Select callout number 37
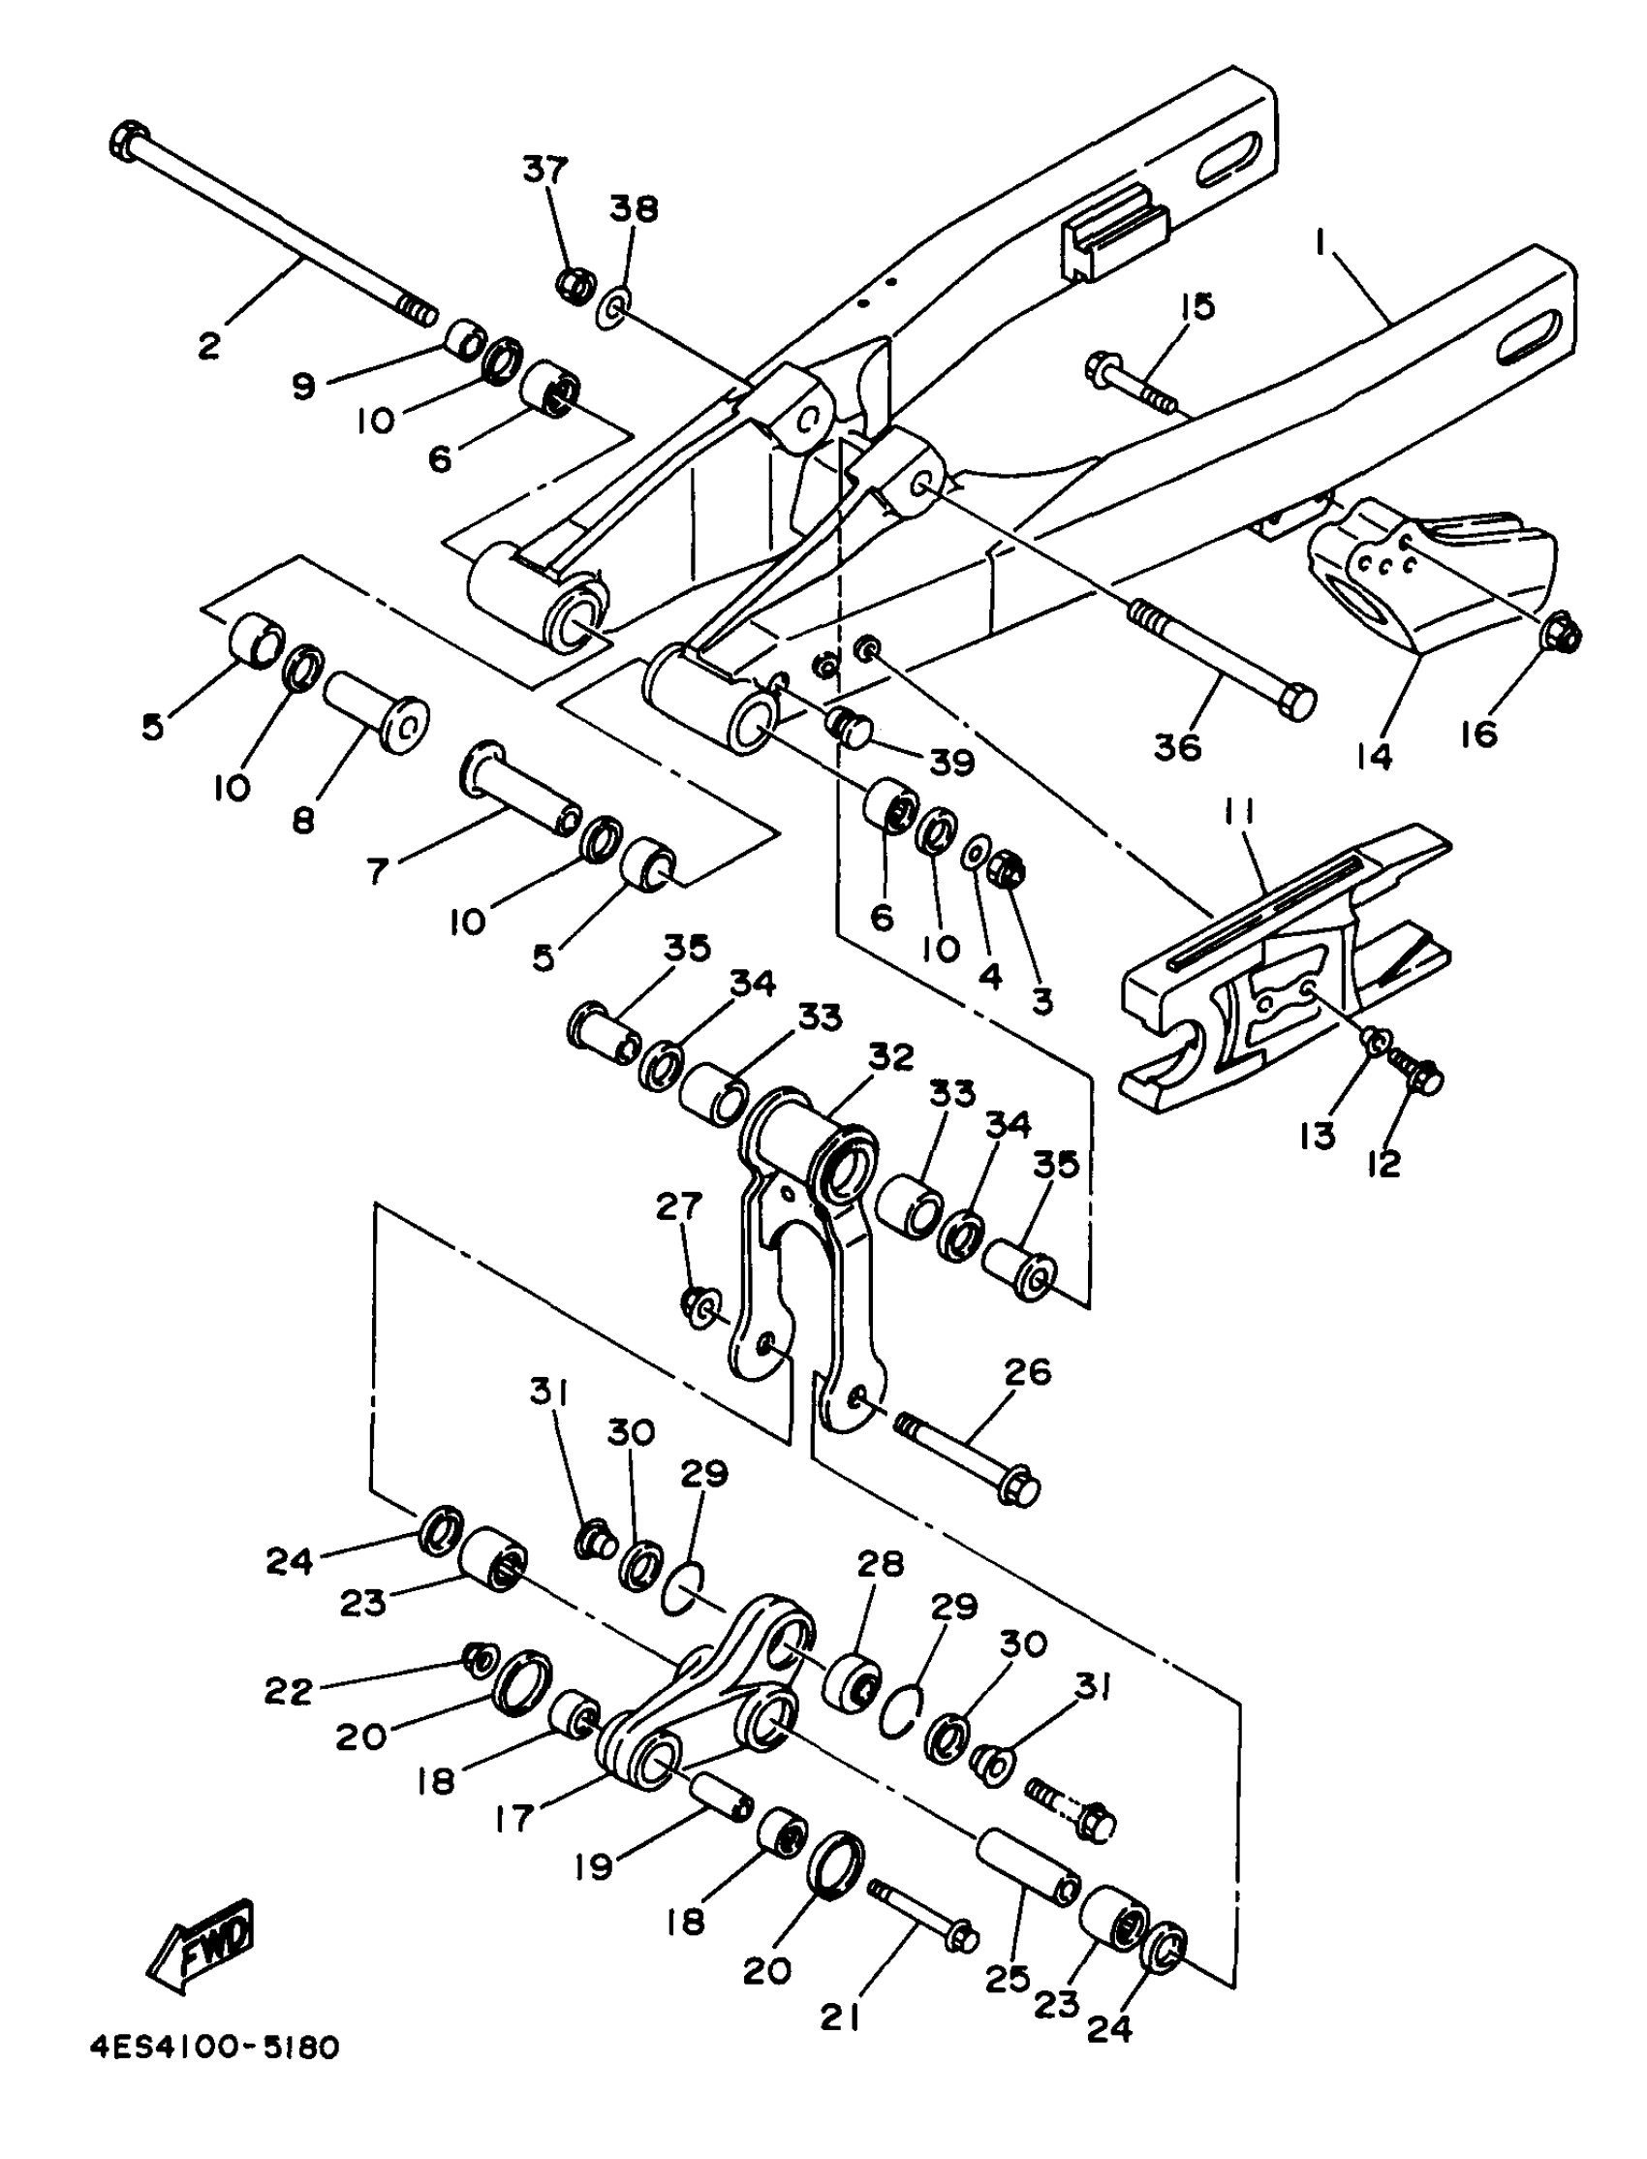click(x=545, y=169)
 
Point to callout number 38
click(x=635, y=209)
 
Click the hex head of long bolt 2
click(x=129, y=143)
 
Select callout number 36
click(x=1176, y=747)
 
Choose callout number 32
click(x=891, y=1057)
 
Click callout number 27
click(x=678, y=1206)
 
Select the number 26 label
click(x=1026, y=1372)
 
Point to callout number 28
click(x=880, y=1563)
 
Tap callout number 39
click(x=951, y=762)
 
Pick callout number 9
click(x=304, y=386)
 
